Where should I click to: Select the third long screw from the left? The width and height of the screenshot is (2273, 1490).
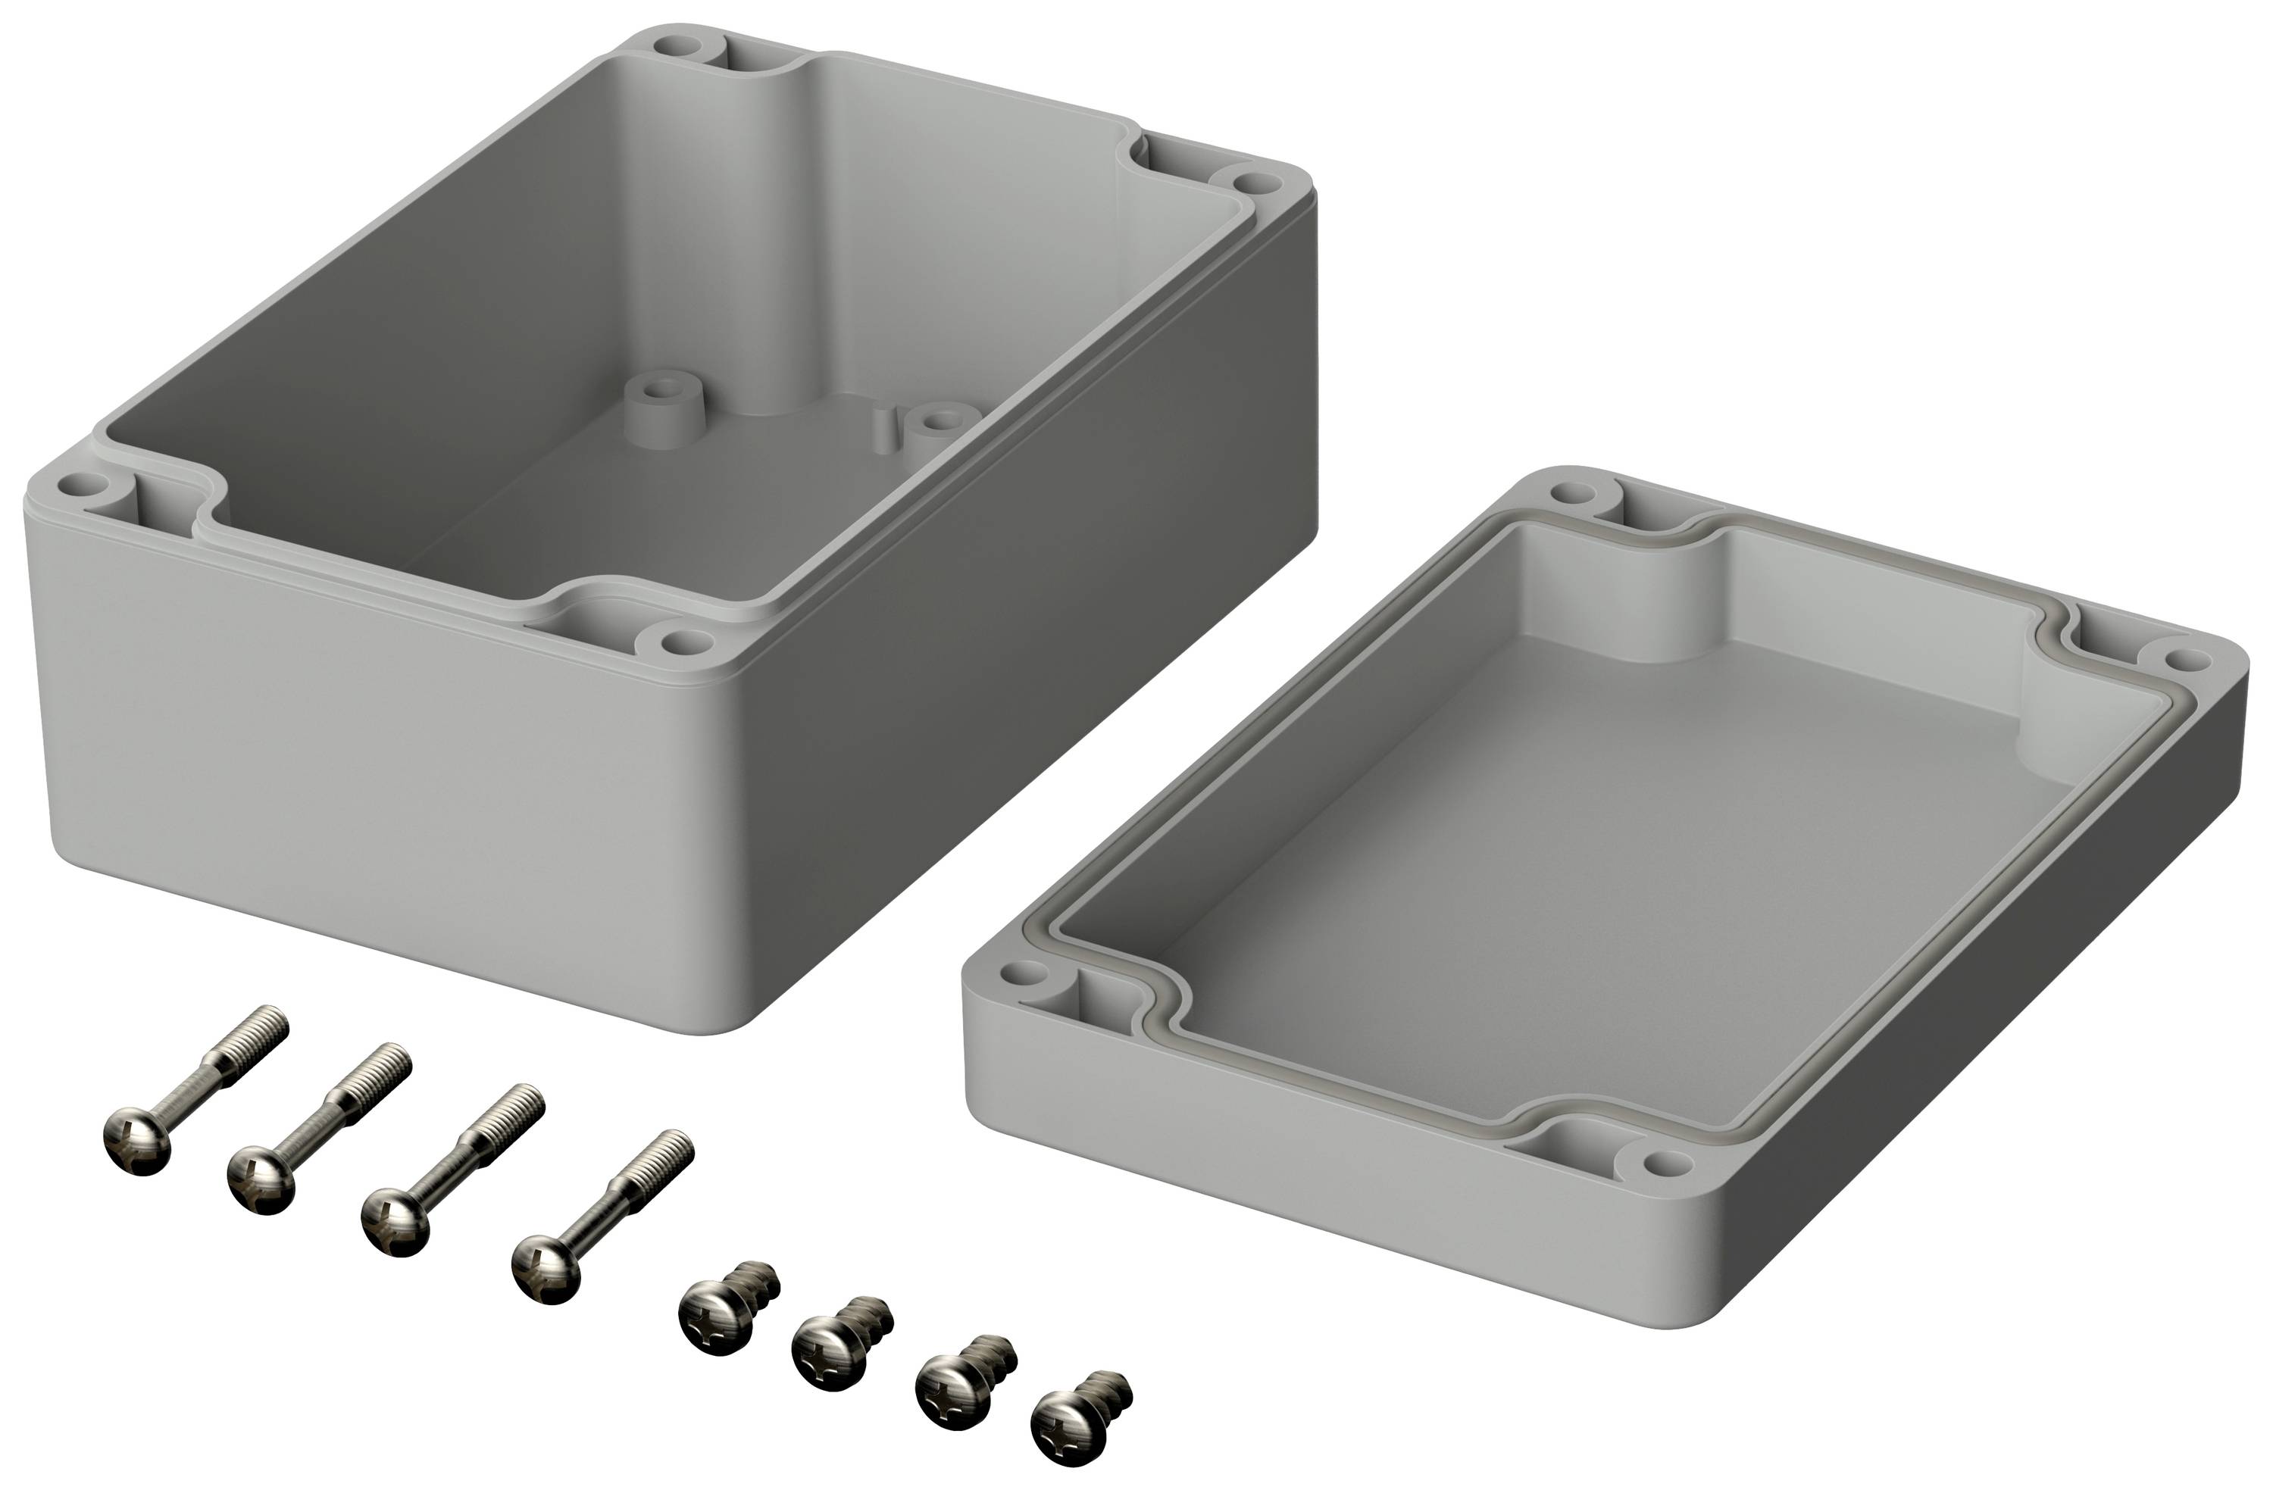(449, 1170)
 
